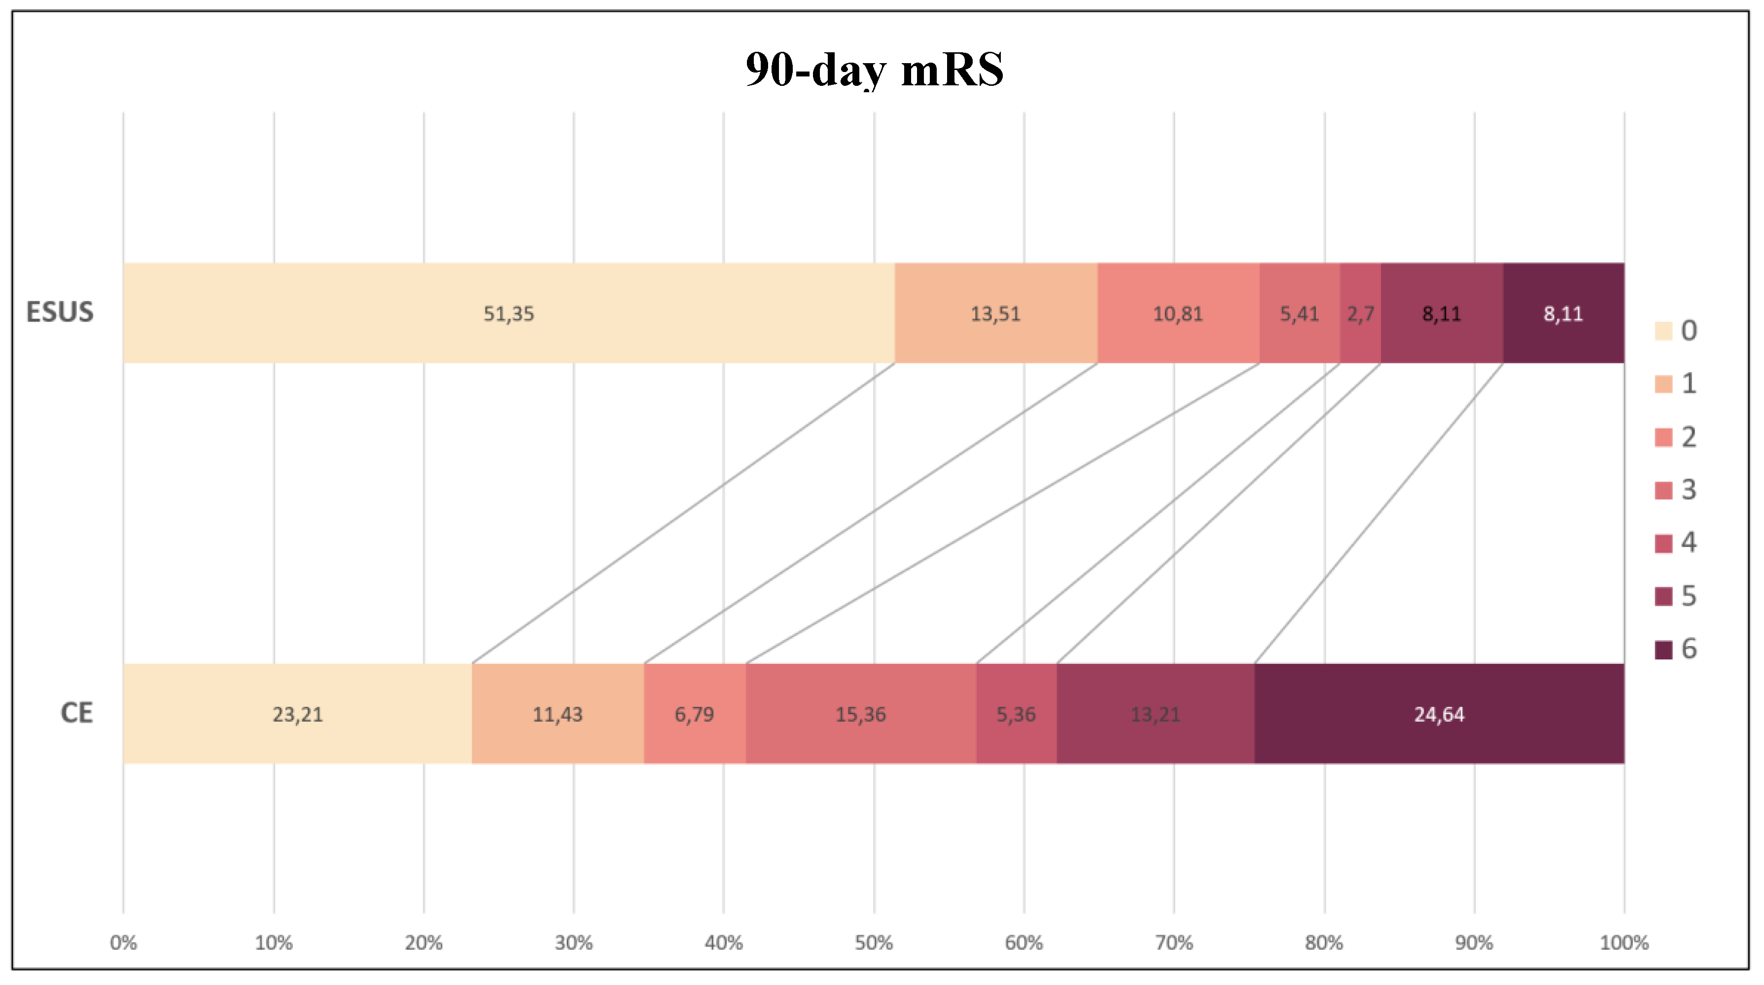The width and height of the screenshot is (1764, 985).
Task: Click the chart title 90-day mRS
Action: (x=875, y=70)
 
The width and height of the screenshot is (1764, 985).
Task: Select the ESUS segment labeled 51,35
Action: (x=509, y=313)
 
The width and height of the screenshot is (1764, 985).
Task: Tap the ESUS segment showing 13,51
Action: (x=996, y=313)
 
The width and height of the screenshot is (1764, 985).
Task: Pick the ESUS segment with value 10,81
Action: (x=1178, y=313)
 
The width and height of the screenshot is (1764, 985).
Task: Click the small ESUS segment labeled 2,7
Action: (x=1360, y=313)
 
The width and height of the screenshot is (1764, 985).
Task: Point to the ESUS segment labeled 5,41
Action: (x=1299, y=313)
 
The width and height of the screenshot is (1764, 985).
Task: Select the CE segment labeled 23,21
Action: (x=297, y=714)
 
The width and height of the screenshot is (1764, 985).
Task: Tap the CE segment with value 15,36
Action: (x=861, y=714)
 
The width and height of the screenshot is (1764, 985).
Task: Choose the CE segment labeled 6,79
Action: (x=694, y=714)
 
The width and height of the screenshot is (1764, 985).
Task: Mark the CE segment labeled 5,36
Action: (x=1016, y=714)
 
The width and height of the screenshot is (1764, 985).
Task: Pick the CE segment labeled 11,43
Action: (x=558, y=714)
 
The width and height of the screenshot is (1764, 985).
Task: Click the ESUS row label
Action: (x=60, y=312)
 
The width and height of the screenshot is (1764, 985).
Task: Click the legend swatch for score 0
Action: (x=1663, y=331)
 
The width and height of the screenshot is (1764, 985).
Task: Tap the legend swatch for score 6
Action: (x=1663, y=650)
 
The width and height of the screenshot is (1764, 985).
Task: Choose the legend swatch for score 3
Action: (x=1663, y=490)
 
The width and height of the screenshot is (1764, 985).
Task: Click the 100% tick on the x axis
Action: (x=1623, y=943)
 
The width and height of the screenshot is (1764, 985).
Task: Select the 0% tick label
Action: (x=123, y=943)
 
